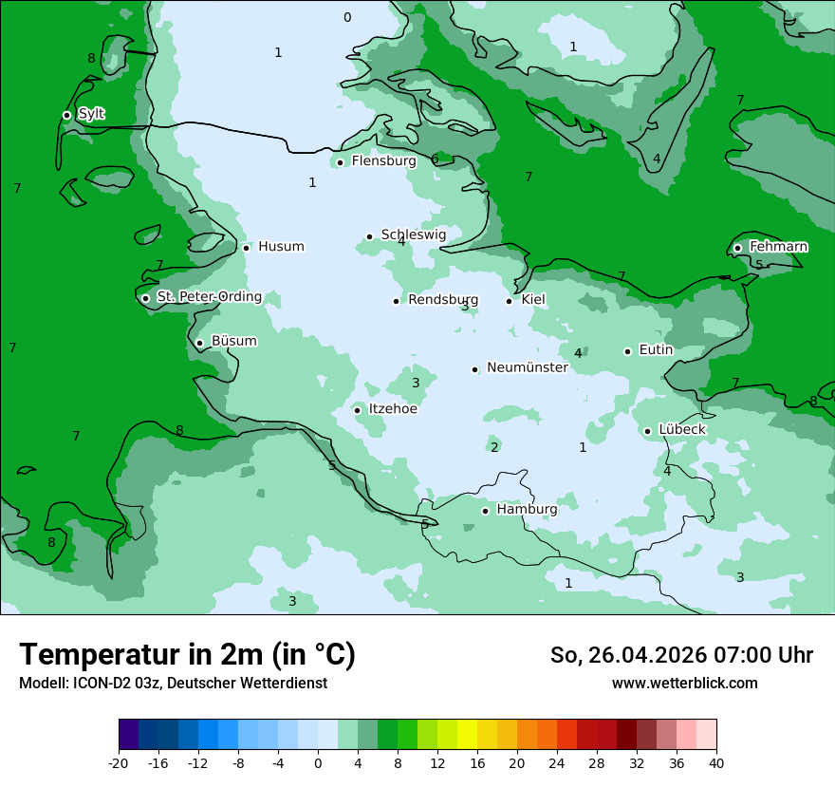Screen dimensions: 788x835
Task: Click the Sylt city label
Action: point(91,114)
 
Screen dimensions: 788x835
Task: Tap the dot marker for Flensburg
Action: point(340,162)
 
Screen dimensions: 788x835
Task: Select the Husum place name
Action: point(281,247)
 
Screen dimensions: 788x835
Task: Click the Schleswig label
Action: point(413,235)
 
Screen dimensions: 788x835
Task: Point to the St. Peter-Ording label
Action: point(209,297)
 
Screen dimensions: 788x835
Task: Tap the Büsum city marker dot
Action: point(199,343)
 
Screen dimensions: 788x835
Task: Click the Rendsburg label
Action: point(442,300)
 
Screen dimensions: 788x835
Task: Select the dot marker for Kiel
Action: point(510,301)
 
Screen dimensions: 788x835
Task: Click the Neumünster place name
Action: point(527,367)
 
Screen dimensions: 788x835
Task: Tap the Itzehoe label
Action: point(393,409)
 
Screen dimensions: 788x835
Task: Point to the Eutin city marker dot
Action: point(627,351)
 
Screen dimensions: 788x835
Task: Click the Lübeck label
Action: point(681,430)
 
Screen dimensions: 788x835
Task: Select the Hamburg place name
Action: point(527,510)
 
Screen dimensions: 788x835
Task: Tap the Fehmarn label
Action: point(778,247)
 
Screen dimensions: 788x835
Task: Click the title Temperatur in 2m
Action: point(187,655)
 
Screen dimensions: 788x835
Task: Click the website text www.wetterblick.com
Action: point(684,684)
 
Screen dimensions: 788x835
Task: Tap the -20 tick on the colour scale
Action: point(119,763)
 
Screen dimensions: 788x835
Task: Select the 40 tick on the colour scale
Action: point(716,763)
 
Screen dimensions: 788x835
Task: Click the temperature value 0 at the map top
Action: point(347,17)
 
